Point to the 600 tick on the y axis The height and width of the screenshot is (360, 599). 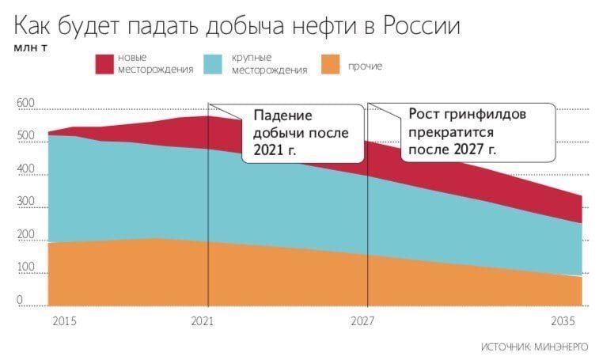tap(25, 104)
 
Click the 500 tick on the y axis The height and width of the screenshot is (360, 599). tap(25, 136)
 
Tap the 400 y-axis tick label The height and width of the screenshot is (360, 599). tap(25, 169)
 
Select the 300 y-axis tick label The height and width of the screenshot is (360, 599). tap(25, 203)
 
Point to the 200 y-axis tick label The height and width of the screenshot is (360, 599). tap(25, 236)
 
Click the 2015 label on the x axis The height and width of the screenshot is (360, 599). tap(63, 321)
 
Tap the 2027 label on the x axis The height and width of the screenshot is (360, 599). tap(362, 321)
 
